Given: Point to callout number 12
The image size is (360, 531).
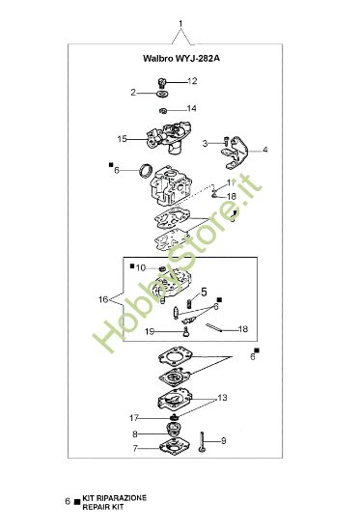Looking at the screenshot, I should click(x=191, y=81).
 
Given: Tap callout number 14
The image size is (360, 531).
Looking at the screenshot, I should click(x=191, y=108).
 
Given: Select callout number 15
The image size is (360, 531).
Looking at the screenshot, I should click(x=123, y=139).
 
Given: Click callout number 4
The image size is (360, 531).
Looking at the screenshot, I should click(x=264, y=150).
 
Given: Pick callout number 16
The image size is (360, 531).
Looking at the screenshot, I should click(x=102, y=299).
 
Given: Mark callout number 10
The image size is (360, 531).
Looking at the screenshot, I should click(x=140, y=267).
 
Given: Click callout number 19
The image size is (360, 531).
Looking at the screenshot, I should click(x=150, y=331).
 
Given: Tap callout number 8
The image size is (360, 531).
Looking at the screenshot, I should click(x=136, y=434).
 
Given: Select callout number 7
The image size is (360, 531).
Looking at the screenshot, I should click(x=135, y=449).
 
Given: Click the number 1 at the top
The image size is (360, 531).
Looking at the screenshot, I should click(x=180, y=21).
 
